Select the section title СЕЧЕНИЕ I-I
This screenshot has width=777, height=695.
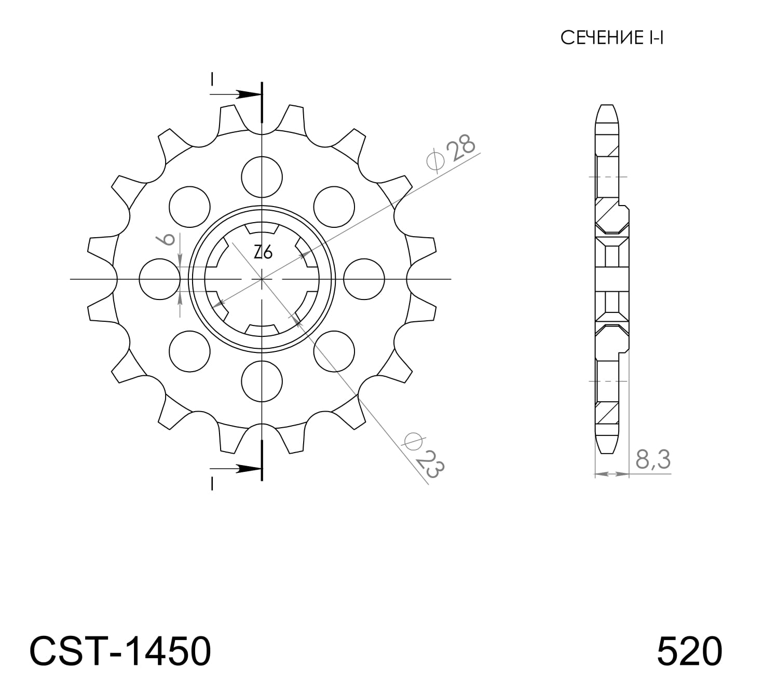click(x=612, y=38)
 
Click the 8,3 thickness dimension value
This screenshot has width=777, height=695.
click(x=652, y=460)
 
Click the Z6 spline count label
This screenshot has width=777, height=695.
click(x=263, y=252)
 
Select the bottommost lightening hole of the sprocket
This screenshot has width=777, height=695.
click(x=263, y=381)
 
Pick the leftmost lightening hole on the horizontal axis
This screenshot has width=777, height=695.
click(x=160, y=279)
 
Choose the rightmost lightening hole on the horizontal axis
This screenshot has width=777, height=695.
click(x=364, y=279)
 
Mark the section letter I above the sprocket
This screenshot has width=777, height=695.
click(x=212, y=79)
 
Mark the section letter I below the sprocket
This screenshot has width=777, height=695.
click(x=212, y=484)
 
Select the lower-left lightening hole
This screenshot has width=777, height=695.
click(x=190, y=351)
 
